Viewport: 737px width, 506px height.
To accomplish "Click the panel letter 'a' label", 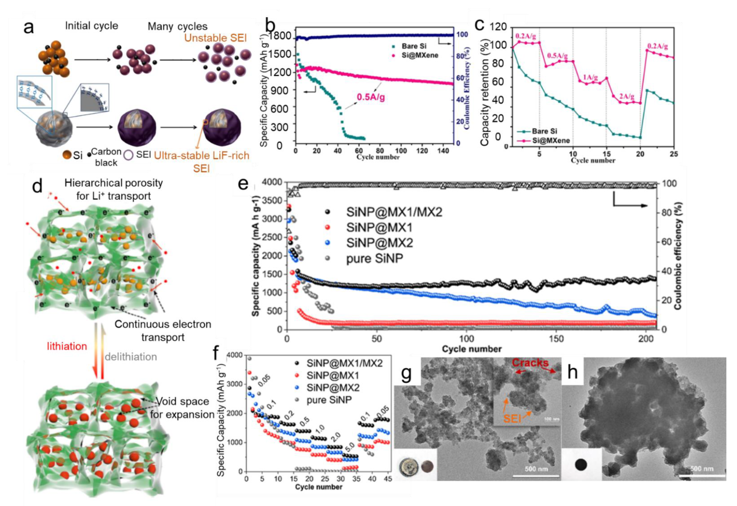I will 29,27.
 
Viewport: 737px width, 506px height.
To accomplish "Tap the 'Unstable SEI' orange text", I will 215,38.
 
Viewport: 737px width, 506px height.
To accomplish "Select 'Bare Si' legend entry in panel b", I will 414,46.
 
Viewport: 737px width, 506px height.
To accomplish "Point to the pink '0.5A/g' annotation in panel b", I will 371,97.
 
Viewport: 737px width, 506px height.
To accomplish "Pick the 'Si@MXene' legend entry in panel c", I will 551,140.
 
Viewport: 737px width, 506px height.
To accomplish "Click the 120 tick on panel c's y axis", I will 498,27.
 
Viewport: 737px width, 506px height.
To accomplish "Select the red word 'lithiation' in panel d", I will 67,346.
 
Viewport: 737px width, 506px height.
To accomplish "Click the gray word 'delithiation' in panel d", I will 131,357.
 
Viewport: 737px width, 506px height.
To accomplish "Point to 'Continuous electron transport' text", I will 163,330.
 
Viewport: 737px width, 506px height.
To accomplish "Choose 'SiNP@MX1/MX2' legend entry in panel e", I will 394,212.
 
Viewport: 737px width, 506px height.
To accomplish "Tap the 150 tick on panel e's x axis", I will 556,338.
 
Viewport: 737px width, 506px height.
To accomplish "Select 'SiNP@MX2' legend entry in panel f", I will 333,388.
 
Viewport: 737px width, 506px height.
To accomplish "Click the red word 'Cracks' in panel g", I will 530,363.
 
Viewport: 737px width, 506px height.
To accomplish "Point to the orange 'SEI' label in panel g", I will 512,419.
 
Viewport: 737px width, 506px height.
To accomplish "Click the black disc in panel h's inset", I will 580,465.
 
